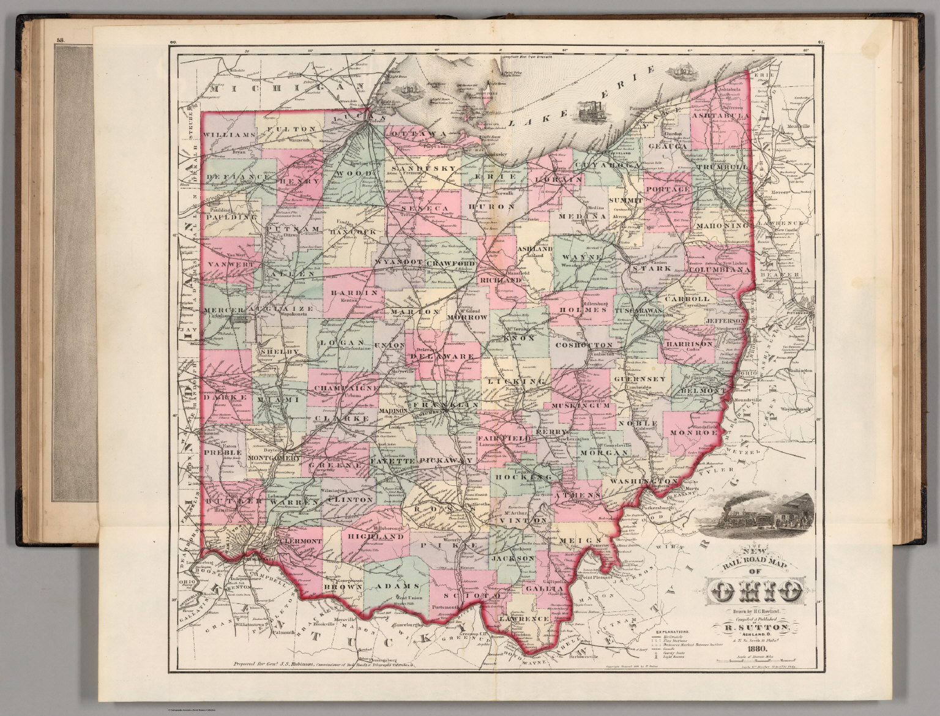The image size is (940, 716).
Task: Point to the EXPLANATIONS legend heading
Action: click(x=673, y=630)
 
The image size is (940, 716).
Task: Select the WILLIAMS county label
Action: click(x=229, y=134)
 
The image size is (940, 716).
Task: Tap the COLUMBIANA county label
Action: click(x=718, y=269)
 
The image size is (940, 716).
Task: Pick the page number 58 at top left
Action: click(x=61, y=42)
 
